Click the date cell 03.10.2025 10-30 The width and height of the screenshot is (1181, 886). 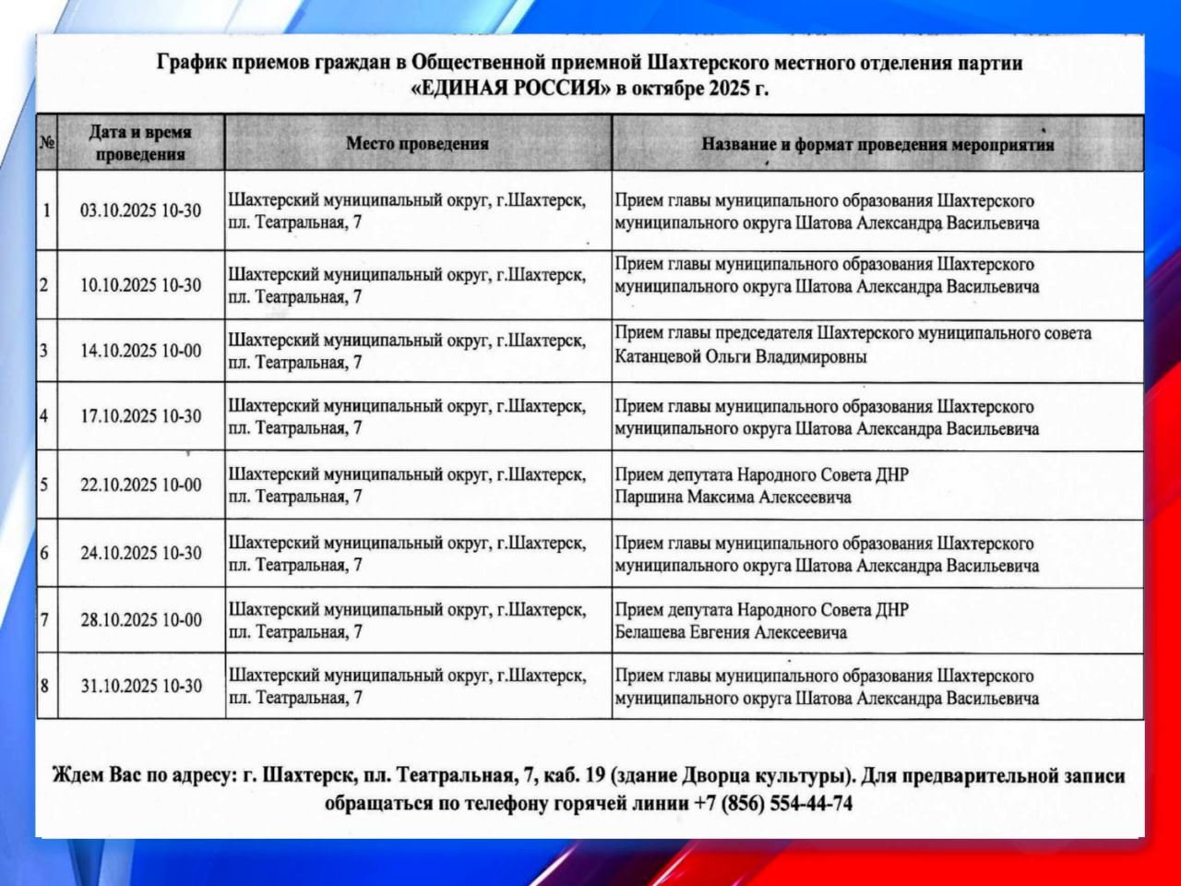pyautogui.click(x=140, y=210)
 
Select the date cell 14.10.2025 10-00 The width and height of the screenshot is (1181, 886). pyautogui.click(x=140, y=351)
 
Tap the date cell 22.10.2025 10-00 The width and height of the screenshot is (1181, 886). pyautogui.click(x=140, y=485)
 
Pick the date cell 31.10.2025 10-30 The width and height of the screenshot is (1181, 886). pyautogui.click(x=140, y=686)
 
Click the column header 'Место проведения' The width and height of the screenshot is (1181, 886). pyautogui.click(x=417, y=143)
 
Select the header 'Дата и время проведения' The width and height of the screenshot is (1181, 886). pyautogui.click(x=140, y=143)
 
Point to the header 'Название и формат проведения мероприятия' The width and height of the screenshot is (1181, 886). pyautogui.click(x=877, y=144)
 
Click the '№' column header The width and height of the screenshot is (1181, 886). pyautogui.click(x=47, y=143)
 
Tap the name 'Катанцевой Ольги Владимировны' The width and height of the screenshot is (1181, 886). pyautogui.click(x=741, y=357)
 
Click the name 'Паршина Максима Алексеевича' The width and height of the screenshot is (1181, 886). pyautogui.click(x=733, y=497)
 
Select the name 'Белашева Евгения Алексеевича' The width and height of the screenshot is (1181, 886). pyautogui.click(x=731, y=633)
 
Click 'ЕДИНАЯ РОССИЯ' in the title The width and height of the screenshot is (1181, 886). pyautogui.click(x=511, y=90)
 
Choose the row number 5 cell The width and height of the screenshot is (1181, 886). pyautogui.click(x=45, y=485)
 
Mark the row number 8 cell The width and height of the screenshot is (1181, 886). pyautogui.click(x=45, y=686)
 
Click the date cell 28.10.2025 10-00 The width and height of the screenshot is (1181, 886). pyautogui.click(x=140, y=619)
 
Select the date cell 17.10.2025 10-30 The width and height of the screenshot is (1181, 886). pyautogui.click(x=140, y=416)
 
